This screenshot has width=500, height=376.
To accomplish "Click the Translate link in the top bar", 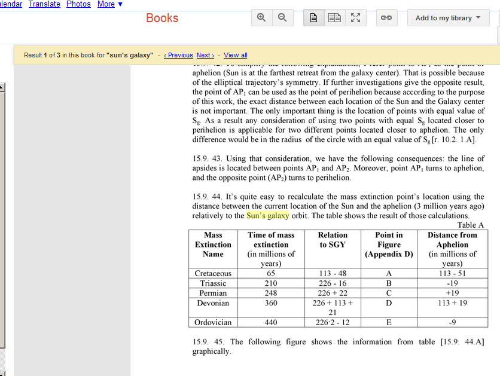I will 44,4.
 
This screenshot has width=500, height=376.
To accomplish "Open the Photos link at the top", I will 78,4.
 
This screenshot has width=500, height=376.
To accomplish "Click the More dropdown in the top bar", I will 109,4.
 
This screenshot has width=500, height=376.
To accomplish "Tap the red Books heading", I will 162,18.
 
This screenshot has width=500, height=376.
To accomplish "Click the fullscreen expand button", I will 355,18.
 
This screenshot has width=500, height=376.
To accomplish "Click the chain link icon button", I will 386,18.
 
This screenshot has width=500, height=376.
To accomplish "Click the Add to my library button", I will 448,18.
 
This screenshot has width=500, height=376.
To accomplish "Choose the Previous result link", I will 178,55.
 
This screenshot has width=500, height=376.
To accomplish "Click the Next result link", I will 205,55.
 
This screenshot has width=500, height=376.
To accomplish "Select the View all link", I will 236,55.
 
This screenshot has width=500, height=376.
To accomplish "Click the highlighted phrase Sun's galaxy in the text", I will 267,216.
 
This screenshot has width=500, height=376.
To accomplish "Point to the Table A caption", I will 470,225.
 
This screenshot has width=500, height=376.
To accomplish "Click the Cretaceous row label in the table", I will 213,274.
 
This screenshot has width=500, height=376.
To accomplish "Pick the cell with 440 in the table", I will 271,323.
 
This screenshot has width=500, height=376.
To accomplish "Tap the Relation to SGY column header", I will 333,240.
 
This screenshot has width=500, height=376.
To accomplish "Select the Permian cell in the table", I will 213,293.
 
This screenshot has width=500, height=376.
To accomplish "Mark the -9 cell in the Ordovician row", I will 452,323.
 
